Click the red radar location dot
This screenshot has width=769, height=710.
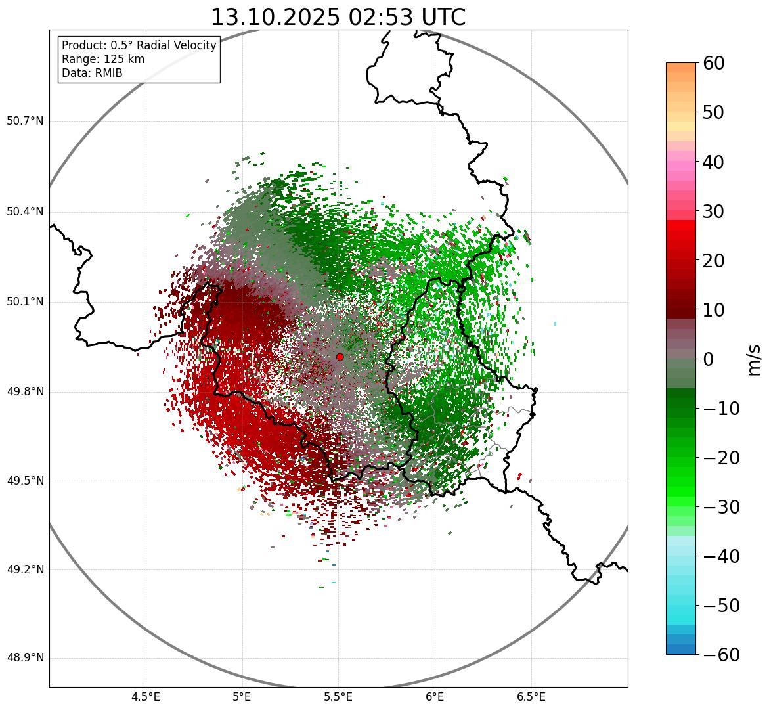(340, 357)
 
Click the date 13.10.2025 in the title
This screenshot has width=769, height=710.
(275, 17)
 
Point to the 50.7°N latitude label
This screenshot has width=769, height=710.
(25, 122)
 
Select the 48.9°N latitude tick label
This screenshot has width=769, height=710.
(25, 658)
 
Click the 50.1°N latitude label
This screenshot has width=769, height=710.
(25, 302)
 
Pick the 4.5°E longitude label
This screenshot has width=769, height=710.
(146, 697)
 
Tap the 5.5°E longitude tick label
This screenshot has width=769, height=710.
(338, 697)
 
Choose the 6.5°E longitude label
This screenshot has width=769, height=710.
(531, 697)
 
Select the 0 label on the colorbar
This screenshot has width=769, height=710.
(709, 359)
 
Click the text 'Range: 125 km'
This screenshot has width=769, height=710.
(103, 59)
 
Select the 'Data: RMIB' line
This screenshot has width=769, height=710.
(92, 73)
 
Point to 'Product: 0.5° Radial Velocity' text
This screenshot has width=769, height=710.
(139, 45)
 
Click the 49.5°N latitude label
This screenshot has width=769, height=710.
(25, 481)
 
